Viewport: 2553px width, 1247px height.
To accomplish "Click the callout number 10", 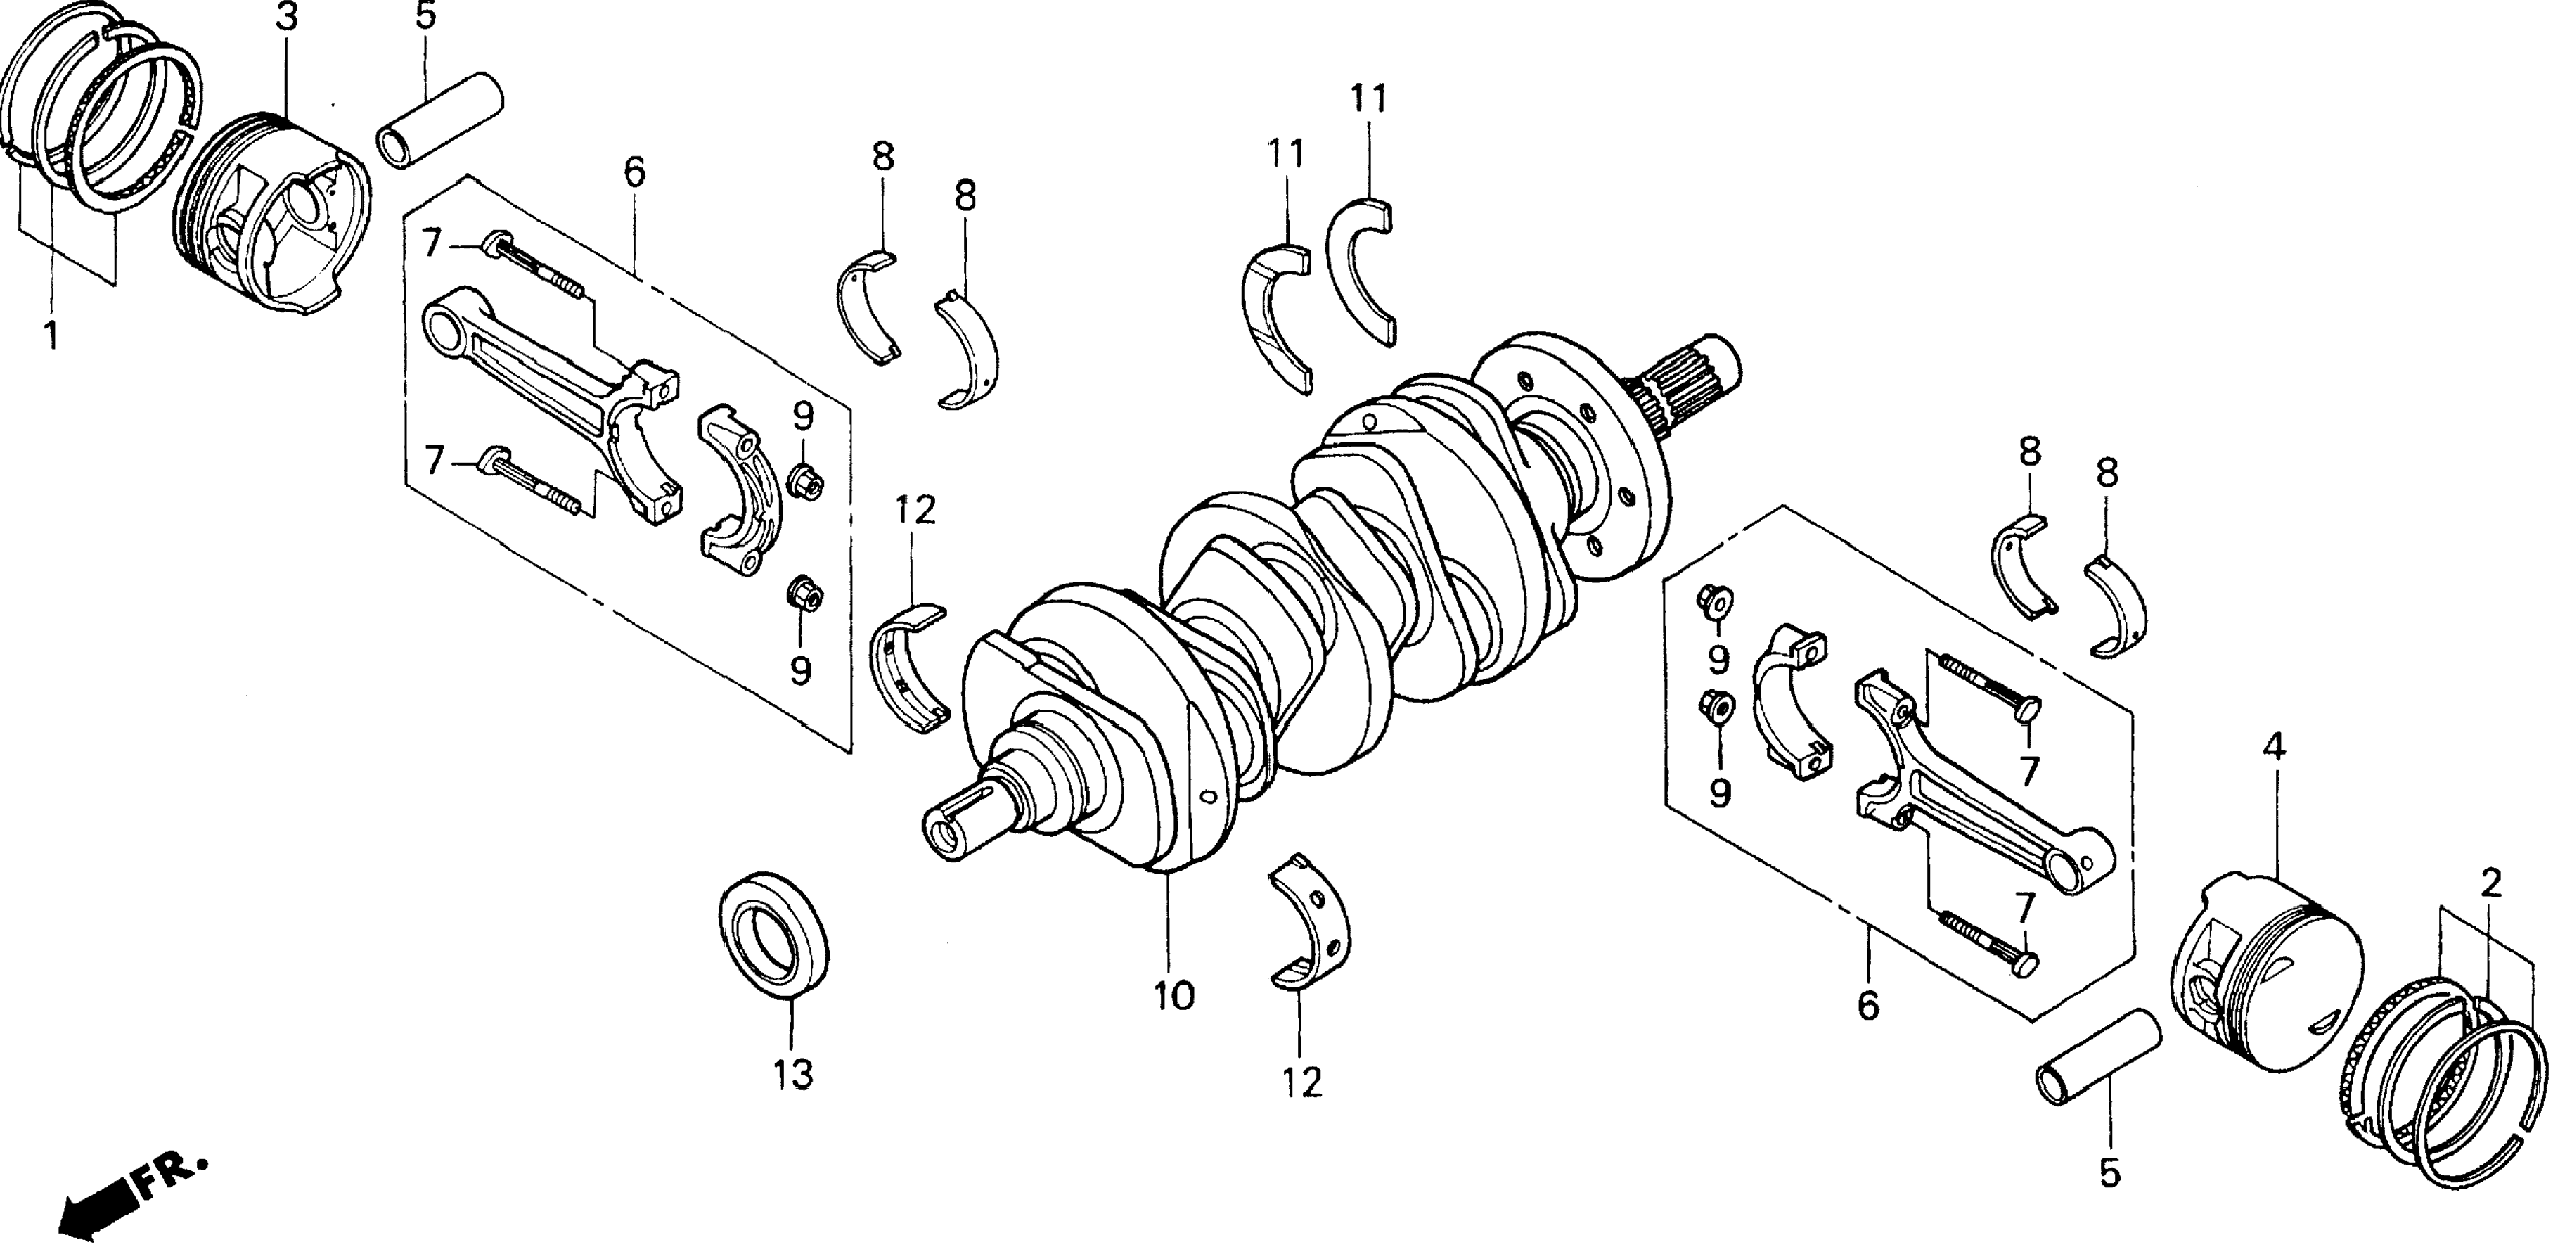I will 1173,995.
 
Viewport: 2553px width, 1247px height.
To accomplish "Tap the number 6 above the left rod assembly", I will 634,172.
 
